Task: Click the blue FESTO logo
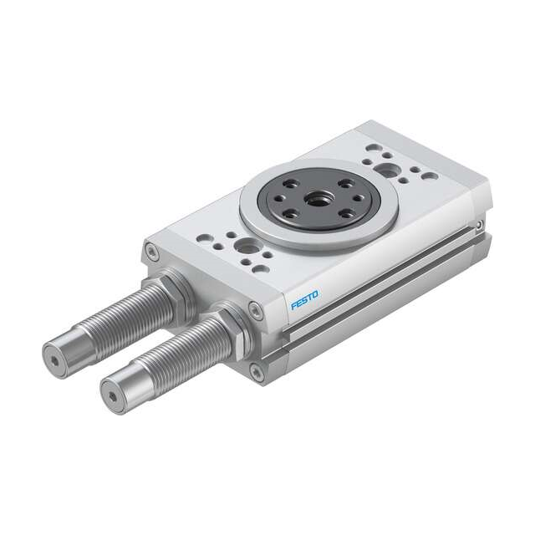coord(304,299)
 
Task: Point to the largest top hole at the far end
coord(388,170)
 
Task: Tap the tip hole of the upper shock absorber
coord(53,362)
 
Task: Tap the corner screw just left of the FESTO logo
coord(257,312)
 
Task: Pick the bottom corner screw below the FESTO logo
coord(257,374)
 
